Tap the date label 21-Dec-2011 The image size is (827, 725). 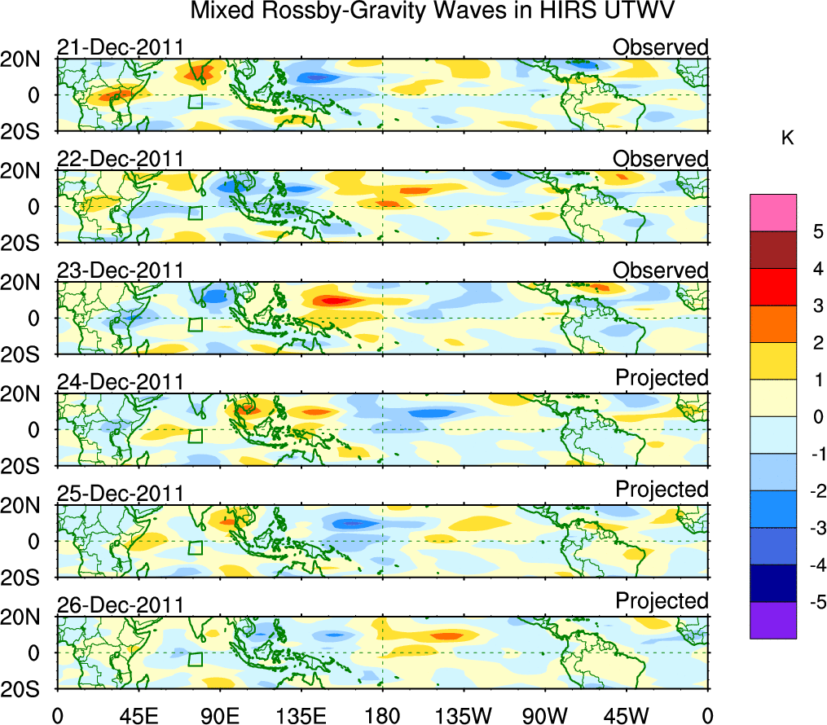coord(120,47)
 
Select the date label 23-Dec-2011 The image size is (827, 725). coord(120,270)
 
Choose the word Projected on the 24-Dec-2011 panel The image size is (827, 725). coord(662,378)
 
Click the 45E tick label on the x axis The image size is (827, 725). coord(138,714)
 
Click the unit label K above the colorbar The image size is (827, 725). coord(787,138)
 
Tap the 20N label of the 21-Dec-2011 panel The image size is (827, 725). coord(26,59)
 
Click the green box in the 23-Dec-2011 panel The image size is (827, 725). coord(195,324)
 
